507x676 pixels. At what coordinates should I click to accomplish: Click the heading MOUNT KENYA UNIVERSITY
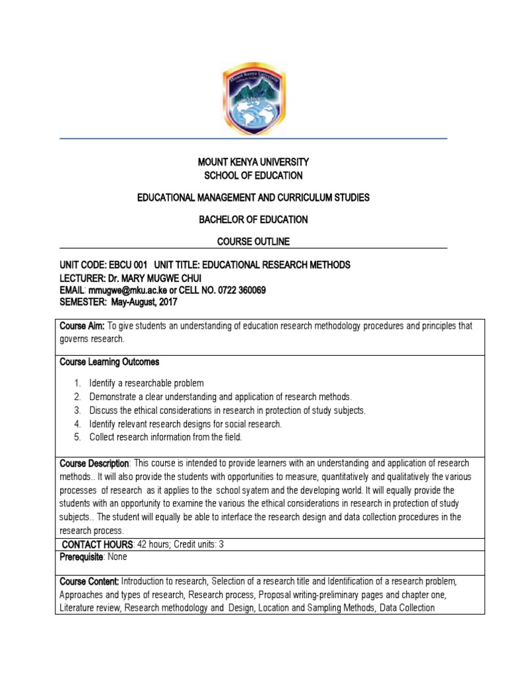click(253, 162)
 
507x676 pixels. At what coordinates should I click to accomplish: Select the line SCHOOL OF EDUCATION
click(253, 176)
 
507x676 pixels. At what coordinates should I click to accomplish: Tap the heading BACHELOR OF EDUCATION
click(253, 219)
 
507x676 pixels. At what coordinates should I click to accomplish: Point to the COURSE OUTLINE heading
click(253, 242)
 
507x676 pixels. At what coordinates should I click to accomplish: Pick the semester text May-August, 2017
click(143, 302)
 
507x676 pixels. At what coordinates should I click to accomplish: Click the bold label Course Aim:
click(83, 326)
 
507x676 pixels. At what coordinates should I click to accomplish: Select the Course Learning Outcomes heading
click(109, 362)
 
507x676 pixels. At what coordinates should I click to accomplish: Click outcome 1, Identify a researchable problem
click(147, 383)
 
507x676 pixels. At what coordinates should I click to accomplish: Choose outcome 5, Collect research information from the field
click(166, 437)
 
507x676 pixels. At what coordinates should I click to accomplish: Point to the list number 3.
click(77, 410)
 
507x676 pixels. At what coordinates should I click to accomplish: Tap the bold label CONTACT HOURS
click(98, 544)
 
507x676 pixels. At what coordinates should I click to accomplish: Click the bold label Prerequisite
click(82, 557)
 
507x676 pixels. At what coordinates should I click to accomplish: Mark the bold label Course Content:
click(89, 581)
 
